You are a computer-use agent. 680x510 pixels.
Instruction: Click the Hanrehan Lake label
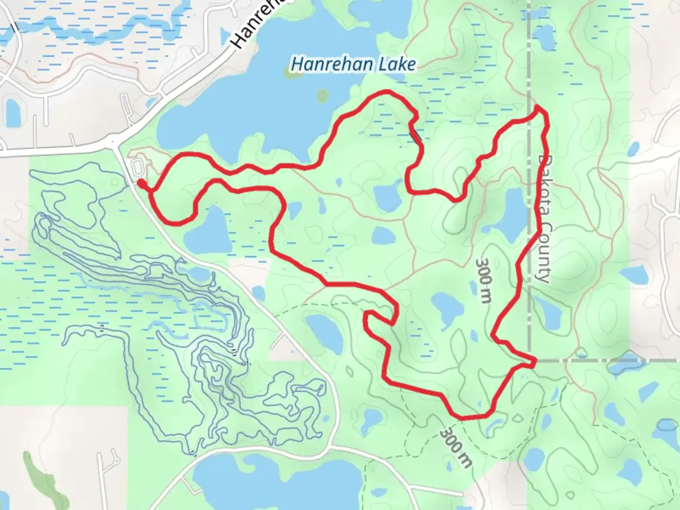tap(353, 64)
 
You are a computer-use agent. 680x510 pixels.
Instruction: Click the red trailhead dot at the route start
tap(141, 183)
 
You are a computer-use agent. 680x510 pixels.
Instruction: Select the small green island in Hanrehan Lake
tap(322, 96)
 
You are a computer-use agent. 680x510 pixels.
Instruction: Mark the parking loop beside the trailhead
tap(137, 167)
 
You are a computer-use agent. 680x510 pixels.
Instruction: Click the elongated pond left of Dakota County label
tap(510, 215)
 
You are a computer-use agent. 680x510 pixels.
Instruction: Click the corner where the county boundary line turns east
tap(530, 360)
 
